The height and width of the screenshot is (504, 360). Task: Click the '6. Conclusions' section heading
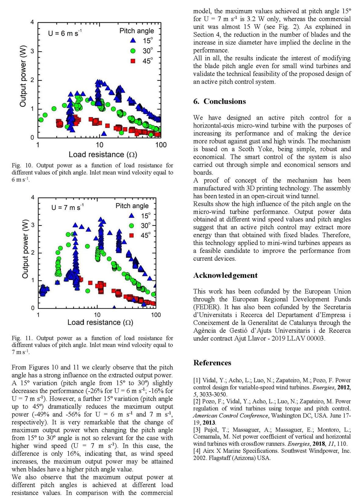point(219,101)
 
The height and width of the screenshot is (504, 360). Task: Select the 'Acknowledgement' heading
point(225,275)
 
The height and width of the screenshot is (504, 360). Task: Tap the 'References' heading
point(212,363)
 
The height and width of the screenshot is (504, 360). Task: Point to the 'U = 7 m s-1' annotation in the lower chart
point(67,208)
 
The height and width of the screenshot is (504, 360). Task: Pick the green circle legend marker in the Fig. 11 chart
point(132,226)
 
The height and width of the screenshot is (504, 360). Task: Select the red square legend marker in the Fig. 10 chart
point(133,61)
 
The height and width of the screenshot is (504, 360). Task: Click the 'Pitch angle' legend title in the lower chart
point(132,206)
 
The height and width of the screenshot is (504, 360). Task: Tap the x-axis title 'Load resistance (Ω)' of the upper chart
point(103,154)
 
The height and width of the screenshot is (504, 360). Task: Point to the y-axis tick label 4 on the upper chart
point(32,22)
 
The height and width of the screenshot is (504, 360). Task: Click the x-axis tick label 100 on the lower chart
point(156,315)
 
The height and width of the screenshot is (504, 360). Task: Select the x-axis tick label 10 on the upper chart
point(99,145)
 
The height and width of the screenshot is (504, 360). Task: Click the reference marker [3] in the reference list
point(197,430)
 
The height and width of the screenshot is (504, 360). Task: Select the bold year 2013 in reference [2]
point(209,423)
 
